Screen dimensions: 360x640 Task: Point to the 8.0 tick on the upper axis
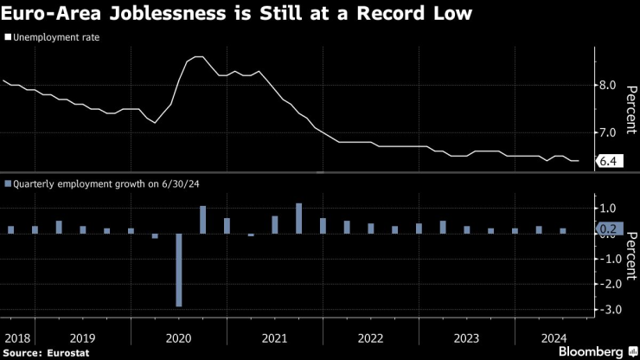click(x=607, y=85)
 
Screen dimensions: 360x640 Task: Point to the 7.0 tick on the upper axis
click(x=607, y=132)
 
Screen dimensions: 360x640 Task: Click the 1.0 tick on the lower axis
click(x=607, y=209)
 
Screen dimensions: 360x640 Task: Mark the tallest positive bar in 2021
click(x=298, y=218)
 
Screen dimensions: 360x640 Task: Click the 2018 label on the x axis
click(x=17, y=337)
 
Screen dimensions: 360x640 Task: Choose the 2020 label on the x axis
click(x=177, y=337)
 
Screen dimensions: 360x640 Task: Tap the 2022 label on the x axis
click(x=370, y=337)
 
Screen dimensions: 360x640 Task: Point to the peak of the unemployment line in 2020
click(x=196, y=57)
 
